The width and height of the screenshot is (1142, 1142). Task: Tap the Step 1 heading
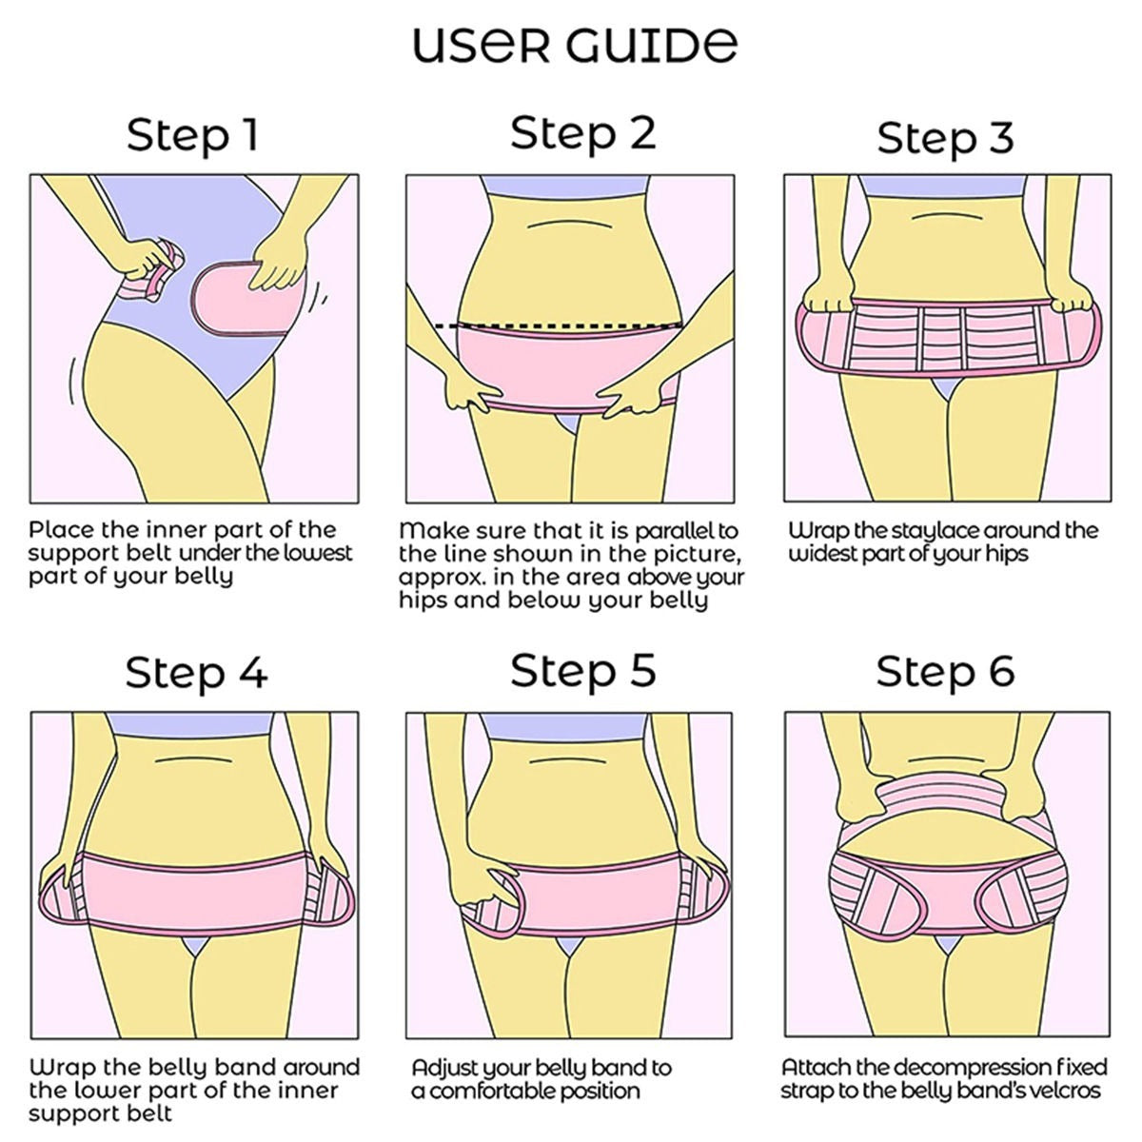click(x=192, y=135)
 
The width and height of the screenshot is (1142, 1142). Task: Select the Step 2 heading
click(x=582, y=132)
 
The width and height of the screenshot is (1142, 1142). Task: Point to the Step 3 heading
click(x=945, y=138)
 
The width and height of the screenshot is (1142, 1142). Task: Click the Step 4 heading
click(x=196, y=672)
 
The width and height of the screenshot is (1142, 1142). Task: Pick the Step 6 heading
click(x=945, y=672)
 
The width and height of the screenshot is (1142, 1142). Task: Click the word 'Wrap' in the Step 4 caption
click(x=60, y=1067)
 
